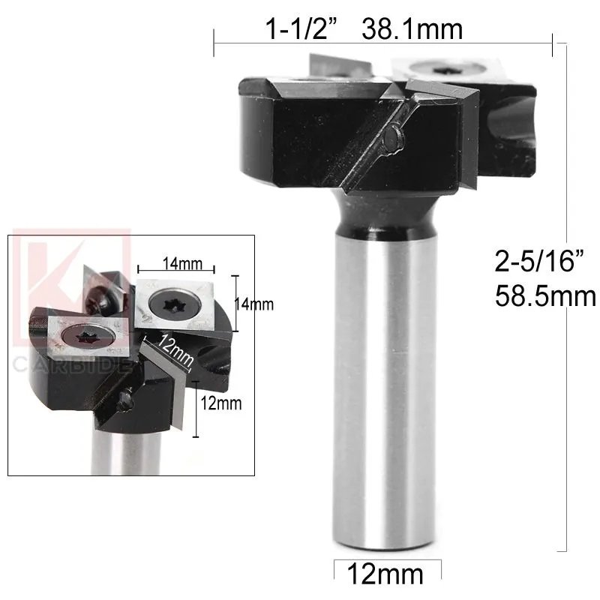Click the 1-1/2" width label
click(304, 31)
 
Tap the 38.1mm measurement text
click(412, 31)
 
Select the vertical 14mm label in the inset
click(254, 304)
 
